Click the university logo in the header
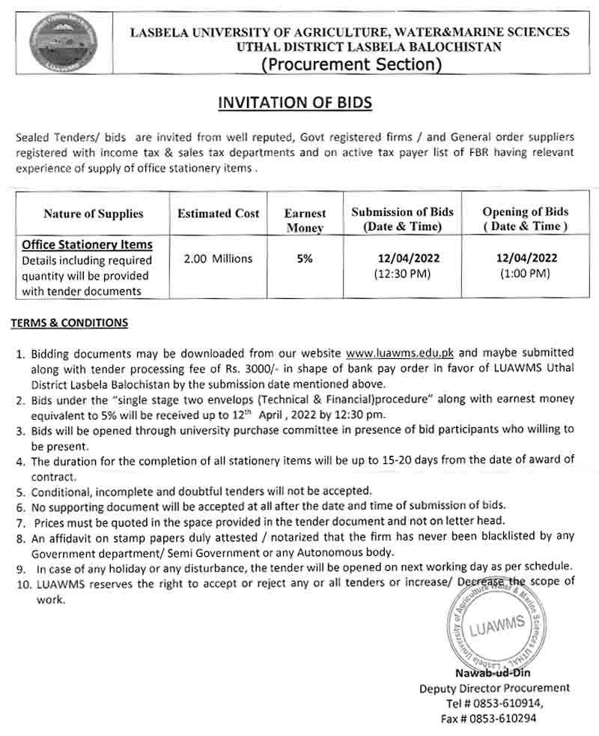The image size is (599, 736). pos(58,43)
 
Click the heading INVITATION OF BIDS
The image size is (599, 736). pos(294,102)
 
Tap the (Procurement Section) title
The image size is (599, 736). pos(350,64)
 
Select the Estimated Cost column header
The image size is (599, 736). pos(218,214)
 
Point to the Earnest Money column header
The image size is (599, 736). pos(304,220)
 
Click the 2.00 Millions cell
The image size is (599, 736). pos(218,259)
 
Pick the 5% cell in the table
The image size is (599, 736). pos(304,259)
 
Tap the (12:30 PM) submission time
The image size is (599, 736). pos(403,274)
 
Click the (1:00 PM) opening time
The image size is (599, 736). pos(525,274)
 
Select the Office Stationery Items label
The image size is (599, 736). pos(88,244)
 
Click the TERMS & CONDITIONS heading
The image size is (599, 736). pos(69,323)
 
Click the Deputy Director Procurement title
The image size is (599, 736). pos(493,687)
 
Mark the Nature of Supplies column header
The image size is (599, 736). pos(94,214)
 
